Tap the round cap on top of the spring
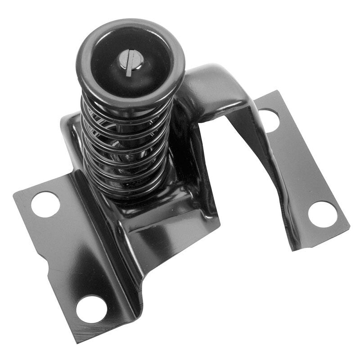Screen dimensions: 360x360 (x=130, y=63)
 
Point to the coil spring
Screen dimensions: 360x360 (x=126, y=144)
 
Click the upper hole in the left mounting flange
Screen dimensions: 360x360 (x=45, y=204)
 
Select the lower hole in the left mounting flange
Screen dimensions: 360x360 (x=91, y=309)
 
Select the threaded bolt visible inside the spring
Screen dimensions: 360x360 (x=128, y=155)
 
